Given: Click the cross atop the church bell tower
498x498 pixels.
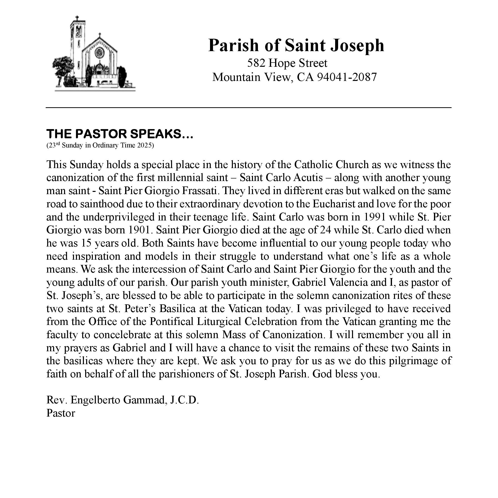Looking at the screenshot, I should point(76,19).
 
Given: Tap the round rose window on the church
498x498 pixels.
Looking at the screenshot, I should point(99,53).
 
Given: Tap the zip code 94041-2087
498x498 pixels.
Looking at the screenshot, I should point(347,77).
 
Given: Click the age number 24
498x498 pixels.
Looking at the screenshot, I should point(325,230).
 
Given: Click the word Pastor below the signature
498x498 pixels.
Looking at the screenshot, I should point(61,413).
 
